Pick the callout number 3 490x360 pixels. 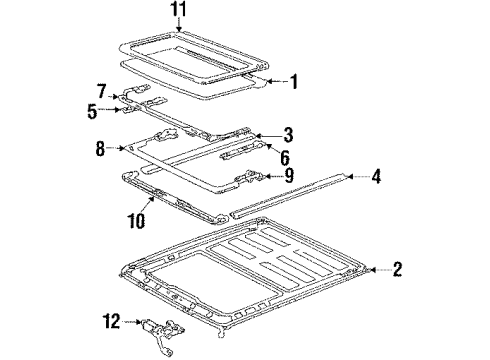pyautogui.click(x=287, y=133)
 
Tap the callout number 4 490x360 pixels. pyautogui.click(x=376, y=178)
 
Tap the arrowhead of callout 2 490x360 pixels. pyautogui.click(x=370, y=267)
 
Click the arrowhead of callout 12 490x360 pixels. pyautogui.click(x=143, y=321)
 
